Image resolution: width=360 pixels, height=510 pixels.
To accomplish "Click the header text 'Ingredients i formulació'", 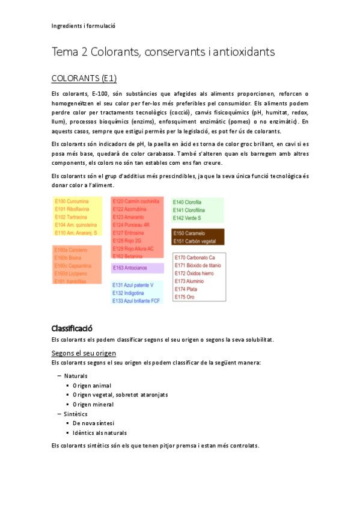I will pyautogui.click(x=83, y=26).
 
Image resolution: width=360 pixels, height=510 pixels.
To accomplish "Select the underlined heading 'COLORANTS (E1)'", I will pyautogui.click(x=84, y=78).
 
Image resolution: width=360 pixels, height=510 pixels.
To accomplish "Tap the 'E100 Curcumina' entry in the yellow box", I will pyautogui.click(x=72, y=201).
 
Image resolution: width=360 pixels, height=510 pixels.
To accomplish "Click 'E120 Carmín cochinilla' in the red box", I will pyautogui.click(x=136, y=201).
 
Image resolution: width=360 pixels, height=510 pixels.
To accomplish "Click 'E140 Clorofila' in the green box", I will pyautogui.click(x=188, y=202).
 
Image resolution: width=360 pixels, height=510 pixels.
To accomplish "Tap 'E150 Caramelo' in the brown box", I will pyautogui.click(x=190, y=233).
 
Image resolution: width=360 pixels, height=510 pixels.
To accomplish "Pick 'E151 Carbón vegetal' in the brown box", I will pyautogui.click(x=194, y=241).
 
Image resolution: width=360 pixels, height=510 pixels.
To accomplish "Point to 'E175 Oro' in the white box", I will pyautogui.click(x=185, y=297).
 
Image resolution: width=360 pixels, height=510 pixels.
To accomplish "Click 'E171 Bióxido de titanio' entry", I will pyautogui.click(x=198, y=265).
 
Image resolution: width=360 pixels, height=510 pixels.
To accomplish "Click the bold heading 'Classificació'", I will pyautogui.click(x=72, y=328).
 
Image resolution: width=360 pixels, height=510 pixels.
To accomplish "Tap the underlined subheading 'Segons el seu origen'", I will pyautogui.click(x=84, y=353).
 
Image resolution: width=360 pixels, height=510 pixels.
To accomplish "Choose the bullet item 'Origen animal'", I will pyautogui.click(x=92, y=386).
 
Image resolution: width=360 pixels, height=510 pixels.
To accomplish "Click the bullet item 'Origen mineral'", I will pyautogui.click(x=93, y=405).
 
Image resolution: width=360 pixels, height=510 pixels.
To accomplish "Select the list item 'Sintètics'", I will pyautogui.click(x=76, y=414).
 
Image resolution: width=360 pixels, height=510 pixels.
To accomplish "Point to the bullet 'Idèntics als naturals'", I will pyautogui.click(x=100, y=433).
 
